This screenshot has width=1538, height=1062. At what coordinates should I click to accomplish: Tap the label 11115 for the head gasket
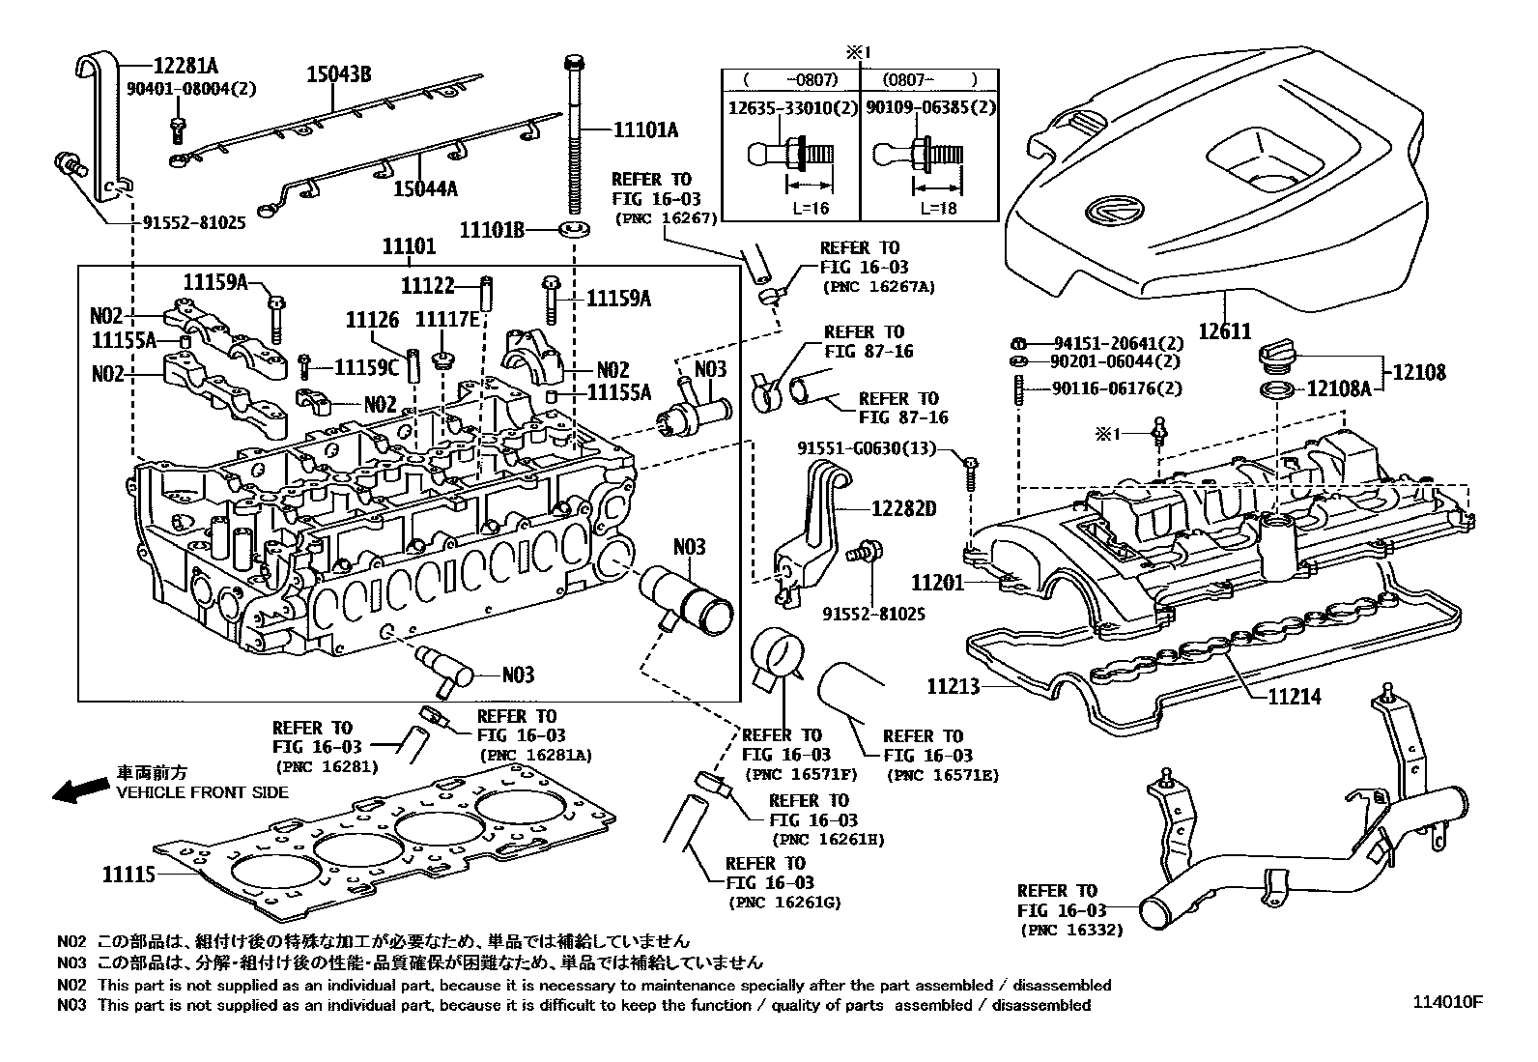click(x=129, y=875)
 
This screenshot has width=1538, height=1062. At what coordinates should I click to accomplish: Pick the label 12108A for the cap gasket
click(x=1338, y=388)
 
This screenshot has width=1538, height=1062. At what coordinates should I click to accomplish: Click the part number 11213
click(x=953, y=687)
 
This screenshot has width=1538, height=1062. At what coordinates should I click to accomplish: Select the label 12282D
click(x=904, y=508)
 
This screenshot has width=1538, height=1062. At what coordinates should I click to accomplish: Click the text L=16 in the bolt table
click(x=807, y=208)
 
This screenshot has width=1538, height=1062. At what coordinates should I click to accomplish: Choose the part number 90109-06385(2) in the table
click(x=930, y=107)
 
